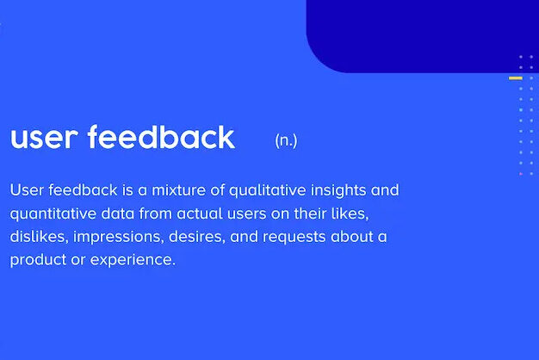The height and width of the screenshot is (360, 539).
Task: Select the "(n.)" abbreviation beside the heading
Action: [x=286, y=140]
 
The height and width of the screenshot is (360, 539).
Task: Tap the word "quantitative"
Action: [x=53, y=213]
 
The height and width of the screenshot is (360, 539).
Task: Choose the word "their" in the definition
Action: [x=315, y=213]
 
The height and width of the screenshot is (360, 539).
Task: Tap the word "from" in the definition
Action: [x=155, y=213]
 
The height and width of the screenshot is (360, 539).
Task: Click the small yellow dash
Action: [x=516, y=78]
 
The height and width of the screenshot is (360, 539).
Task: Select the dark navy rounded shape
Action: [x=422, y=34]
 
